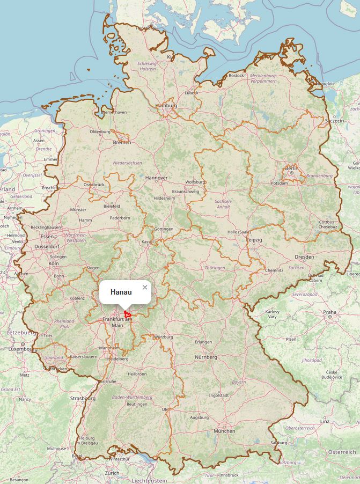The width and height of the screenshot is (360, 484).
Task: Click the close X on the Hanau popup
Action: [x=145, y=288]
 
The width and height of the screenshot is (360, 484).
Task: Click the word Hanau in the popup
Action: [x=121, y=292]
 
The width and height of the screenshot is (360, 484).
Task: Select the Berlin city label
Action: [x=291, y=168]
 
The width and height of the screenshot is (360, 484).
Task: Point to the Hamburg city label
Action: [x=166, y=106]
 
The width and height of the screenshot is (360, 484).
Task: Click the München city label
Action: [x=224, y=431]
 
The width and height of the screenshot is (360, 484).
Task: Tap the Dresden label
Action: [x=304, y=257]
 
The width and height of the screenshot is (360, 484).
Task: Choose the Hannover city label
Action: [x=156, y=178]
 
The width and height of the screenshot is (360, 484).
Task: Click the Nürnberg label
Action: [x=206, y=357]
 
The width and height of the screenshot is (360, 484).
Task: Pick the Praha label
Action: [x=329, y=312]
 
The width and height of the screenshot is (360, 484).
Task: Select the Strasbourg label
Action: [x=83, y=399]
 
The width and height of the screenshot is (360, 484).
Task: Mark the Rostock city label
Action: [x=236, y=76]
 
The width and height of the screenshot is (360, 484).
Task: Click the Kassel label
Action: [x=147, y=242]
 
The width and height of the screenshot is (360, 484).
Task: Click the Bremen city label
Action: [x=122, y=142]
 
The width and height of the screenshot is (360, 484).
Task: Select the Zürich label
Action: [x=112, y=473]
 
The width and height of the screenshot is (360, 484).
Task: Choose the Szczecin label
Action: [x=334, y=121]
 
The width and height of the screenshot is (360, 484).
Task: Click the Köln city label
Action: [x=54, y=263]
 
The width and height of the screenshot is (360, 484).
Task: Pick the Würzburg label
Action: [x=164, y=337]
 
